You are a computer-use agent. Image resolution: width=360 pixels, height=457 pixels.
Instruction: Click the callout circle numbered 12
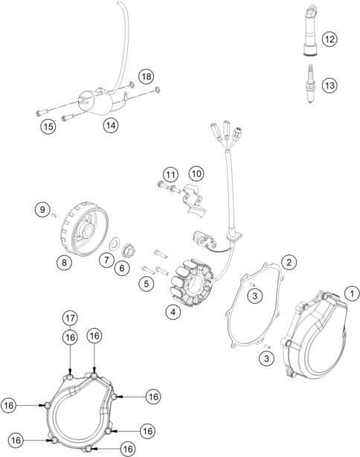coord(330,39)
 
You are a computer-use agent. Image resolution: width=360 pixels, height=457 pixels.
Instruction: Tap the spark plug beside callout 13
coord(311,84)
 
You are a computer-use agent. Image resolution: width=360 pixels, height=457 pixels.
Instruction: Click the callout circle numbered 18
coord(147,77)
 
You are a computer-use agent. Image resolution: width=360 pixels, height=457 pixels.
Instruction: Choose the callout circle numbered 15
coord(48,127)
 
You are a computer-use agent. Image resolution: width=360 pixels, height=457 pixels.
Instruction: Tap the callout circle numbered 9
coord(42,210)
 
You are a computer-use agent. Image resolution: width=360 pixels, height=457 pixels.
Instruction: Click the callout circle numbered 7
coord(106,260)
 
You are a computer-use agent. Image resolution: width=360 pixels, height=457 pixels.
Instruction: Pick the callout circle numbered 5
coord(147,284)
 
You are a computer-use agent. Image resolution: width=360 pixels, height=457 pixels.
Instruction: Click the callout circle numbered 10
coord(196,173)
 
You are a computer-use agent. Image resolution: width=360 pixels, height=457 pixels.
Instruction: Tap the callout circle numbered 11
coord(170,175)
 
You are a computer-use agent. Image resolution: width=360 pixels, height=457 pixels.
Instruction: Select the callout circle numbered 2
coord(289,262)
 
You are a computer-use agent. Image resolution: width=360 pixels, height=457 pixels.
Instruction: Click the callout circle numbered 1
coord(352,293)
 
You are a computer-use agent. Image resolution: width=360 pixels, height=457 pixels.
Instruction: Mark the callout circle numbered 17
coord(70,318)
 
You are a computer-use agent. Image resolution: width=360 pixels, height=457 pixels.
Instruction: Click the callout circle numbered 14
coord(111,125)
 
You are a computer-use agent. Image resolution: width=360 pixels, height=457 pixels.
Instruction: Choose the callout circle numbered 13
coord(330,86)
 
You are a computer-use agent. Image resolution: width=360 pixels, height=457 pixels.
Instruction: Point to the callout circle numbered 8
coord(64,262)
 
